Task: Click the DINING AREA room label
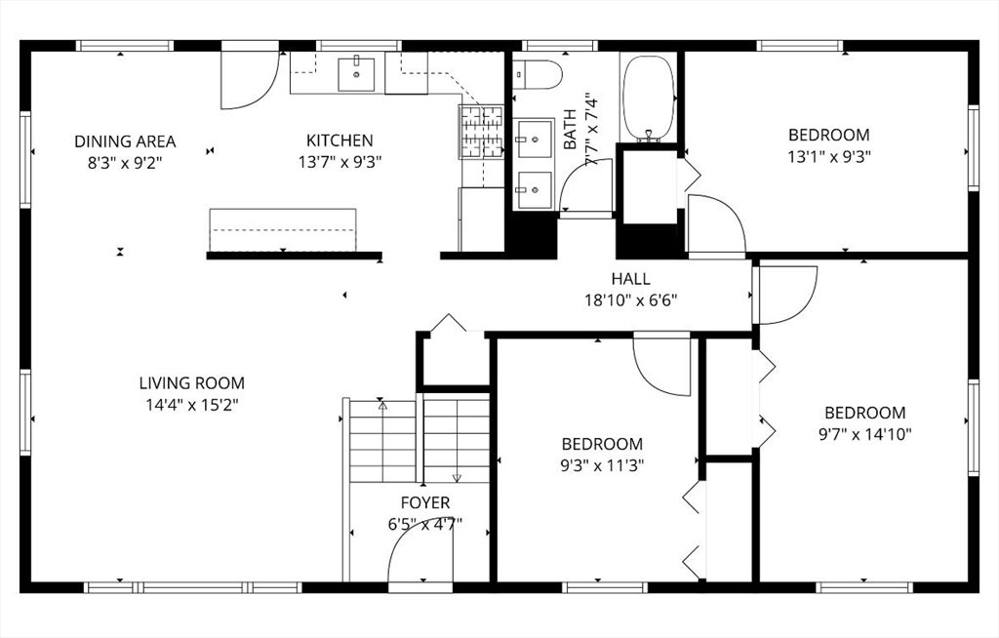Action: coord(125,141)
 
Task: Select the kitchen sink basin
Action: coord(356,73)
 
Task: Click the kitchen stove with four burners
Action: coord(481,132)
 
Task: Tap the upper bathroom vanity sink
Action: coord(534,139)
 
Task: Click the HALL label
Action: coord(630,279)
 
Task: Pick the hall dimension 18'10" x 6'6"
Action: coord(630,299)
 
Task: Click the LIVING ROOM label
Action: coord(191,383)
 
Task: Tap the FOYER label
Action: coord(425,502)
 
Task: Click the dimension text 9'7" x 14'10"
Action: coord(864,434)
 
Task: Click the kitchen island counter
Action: coord(283,230)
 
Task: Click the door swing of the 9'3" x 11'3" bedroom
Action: coord(663,366)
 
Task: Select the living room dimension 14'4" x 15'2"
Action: coord(191,404)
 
